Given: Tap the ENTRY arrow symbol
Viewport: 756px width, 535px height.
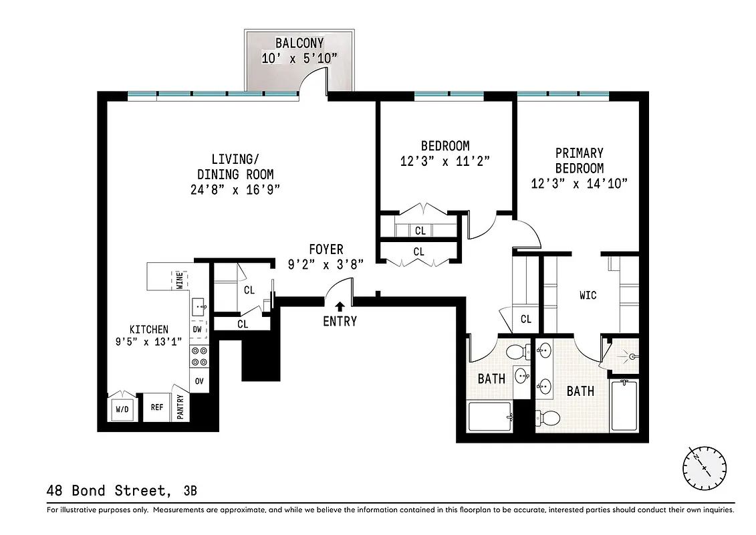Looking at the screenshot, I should tap(340, 307).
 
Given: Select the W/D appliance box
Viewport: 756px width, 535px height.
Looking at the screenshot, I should tap(122, 408).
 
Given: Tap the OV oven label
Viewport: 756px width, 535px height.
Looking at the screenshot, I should tap(199, 381).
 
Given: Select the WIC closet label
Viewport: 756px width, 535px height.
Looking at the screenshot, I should tap(588, 295).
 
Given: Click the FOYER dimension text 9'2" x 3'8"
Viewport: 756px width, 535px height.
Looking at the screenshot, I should tap(326, 264).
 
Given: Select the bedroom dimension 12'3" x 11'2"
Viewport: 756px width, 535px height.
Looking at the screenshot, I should tap(445, 160).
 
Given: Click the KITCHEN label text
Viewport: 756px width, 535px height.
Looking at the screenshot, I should tap(148, 330).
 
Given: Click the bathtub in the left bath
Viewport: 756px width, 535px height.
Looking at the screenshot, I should tap(489, 417).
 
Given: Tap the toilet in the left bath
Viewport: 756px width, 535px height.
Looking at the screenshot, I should tap(516, 352).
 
